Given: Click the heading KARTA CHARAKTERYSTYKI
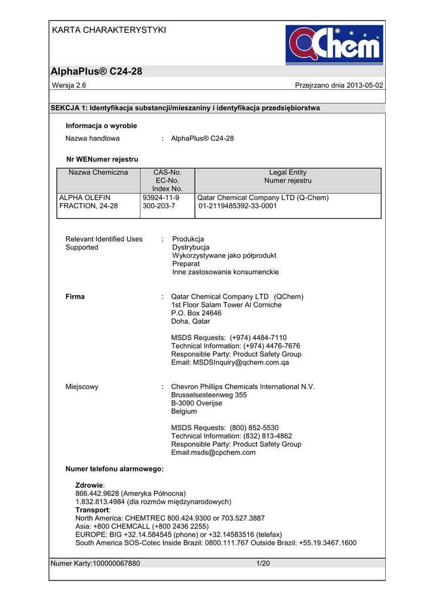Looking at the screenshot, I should (109, 30).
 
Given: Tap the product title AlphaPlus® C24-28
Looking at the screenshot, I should (97, 72).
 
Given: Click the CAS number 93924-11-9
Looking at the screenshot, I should (161, 198).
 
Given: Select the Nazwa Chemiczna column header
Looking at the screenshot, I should (98, 173).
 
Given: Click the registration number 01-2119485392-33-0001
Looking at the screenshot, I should (238, 207).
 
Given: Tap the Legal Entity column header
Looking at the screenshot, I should (288, 173).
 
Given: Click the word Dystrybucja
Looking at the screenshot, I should (191, 248).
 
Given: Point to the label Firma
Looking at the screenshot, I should (75, 297).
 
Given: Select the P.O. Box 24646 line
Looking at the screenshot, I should (196, 313).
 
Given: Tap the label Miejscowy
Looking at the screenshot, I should (82, 387).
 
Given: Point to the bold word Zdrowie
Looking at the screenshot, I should (89, 485).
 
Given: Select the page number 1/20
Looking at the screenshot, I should (262, 563).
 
